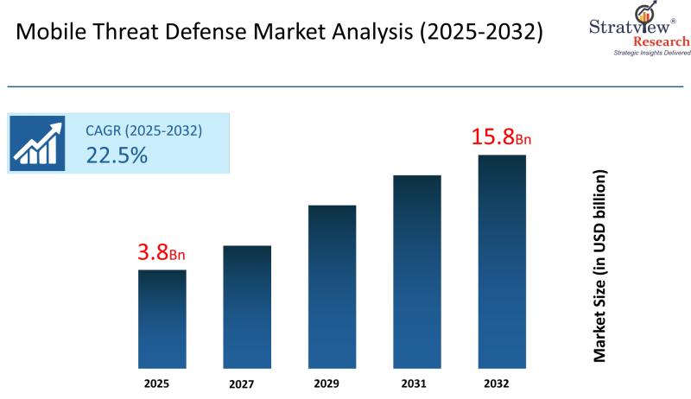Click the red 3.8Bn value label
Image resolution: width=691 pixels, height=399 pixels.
tap(162, 254)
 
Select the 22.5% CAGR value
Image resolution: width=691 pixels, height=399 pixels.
tap(116, 155)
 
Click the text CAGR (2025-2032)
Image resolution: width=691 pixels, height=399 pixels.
tap(143, 131)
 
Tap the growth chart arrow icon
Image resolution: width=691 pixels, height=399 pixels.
tap(38, 142)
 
